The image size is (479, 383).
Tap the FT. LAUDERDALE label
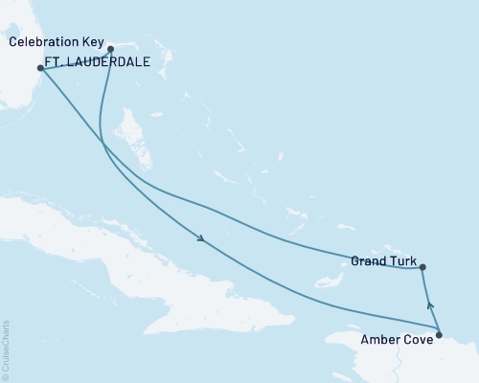tap(100, 66)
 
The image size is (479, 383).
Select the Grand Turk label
tap(382, 259)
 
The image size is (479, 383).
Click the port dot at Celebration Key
tap(110, 48)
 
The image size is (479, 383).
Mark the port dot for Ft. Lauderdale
tap(40, 68)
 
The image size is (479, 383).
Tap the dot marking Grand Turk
tap(422, 268)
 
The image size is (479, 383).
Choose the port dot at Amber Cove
tap(439, 334)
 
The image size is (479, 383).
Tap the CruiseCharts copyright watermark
tap(6, 349)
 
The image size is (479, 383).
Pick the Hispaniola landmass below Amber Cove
tap(402, 369)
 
